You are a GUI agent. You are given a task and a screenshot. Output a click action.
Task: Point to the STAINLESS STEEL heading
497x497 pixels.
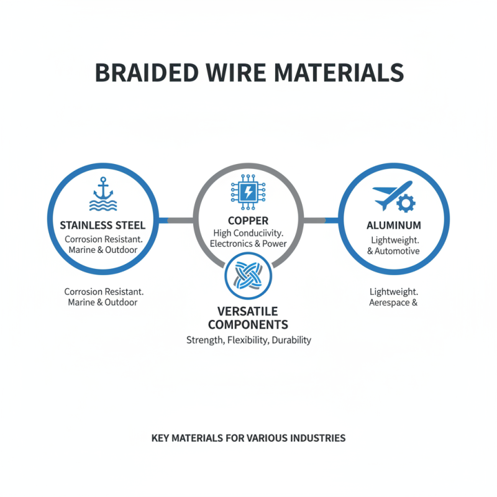[103, 225]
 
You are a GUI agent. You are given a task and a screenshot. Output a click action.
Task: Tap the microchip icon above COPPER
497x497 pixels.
[248, 191]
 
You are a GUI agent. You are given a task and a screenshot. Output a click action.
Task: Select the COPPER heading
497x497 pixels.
[248, 221]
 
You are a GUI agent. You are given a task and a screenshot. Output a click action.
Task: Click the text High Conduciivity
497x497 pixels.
[248, 232]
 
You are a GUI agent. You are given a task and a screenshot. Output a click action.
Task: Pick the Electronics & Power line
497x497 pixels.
[248, 244]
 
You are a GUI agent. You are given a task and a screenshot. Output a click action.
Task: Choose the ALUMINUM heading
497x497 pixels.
[394, 225]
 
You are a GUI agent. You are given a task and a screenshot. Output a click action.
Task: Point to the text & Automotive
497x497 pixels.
[394, 251]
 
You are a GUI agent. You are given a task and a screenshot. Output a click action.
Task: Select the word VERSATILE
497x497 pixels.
[248, 311]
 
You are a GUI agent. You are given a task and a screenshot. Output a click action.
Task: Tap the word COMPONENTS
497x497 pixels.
[248, 324]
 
